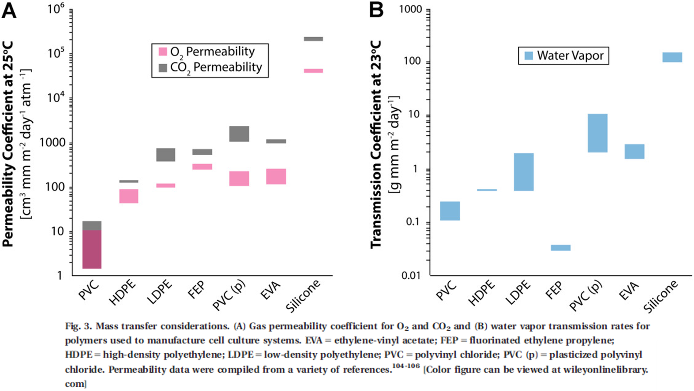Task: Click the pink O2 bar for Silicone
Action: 313,71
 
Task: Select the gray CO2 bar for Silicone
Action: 313,39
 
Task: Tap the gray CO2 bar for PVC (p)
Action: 239,134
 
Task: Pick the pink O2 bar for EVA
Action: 276,176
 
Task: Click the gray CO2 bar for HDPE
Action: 129,181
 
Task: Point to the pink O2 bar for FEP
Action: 202,166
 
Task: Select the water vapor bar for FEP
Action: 561,248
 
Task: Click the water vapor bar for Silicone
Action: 672,57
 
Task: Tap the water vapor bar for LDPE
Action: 524,172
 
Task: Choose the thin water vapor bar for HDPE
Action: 487,190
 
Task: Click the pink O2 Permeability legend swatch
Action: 163,52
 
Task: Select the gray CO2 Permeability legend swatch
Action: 163,68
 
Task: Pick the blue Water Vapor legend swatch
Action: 529,55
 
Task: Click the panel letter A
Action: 9,10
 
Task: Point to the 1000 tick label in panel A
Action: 52,143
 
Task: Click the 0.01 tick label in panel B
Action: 411,276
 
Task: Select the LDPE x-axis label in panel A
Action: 160,292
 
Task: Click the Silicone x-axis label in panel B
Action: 660,296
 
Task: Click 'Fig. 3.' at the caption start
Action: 79,326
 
